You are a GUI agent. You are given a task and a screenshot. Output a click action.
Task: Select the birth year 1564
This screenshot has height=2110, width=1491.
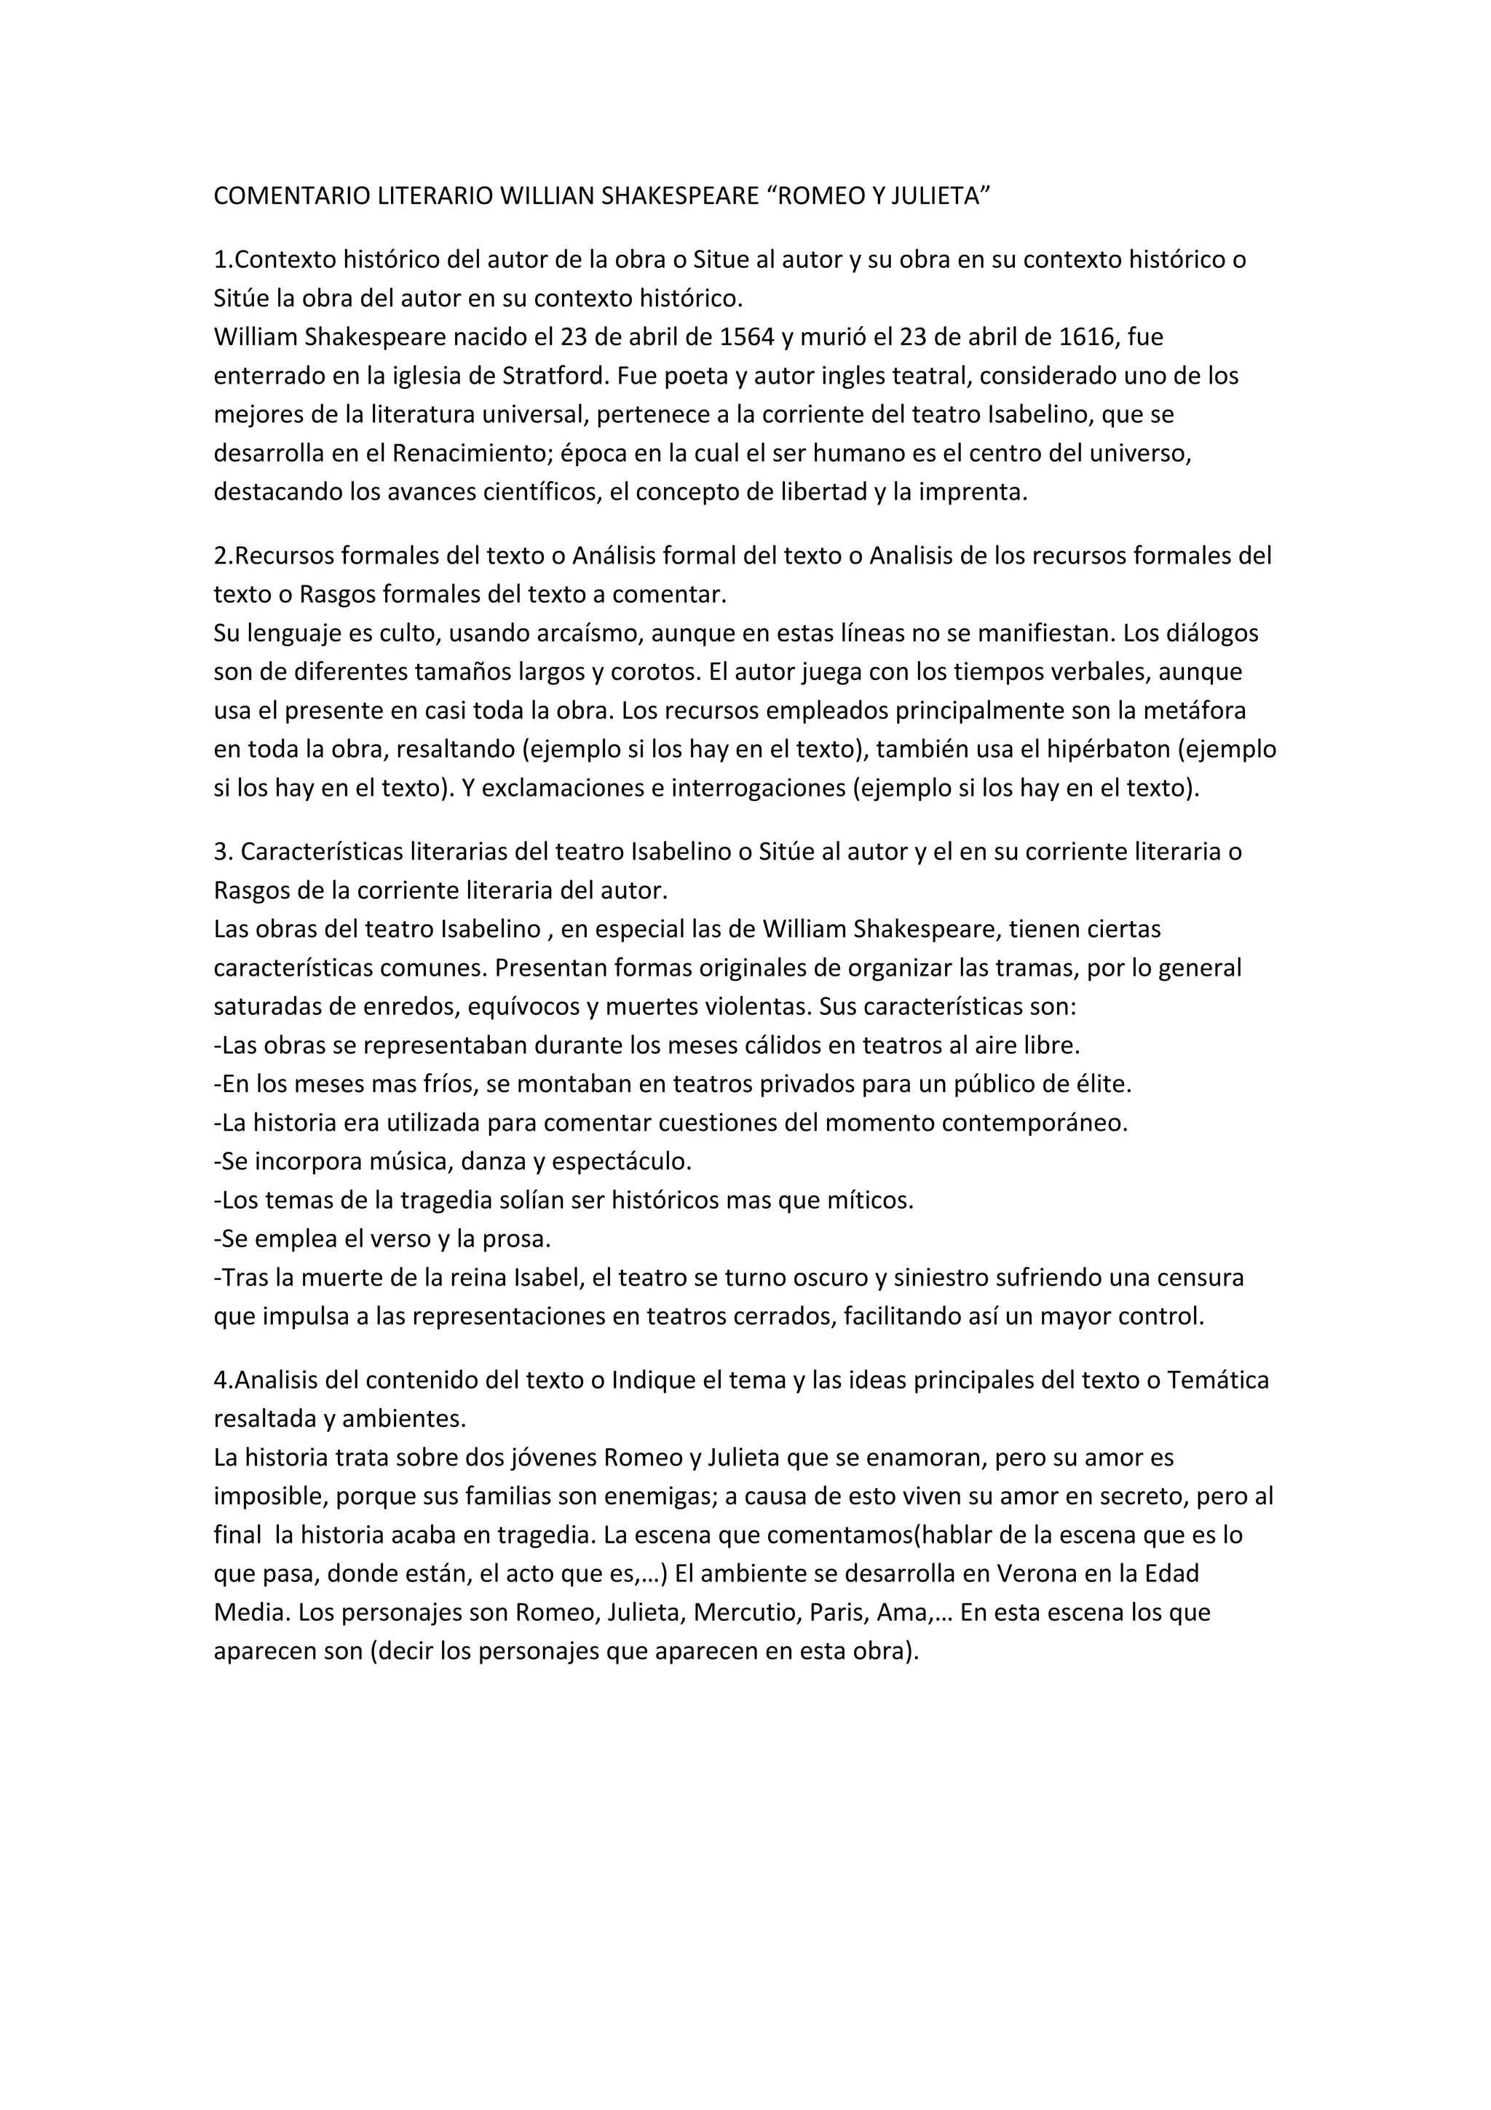[747, 337]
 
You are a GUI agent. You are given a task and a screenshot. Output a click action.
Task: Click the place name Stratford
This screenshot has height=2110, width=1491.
[554, 376]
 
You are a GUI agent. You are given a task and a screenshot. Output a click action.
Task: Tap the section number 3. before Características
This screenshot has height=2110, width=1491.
[224, 852]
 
